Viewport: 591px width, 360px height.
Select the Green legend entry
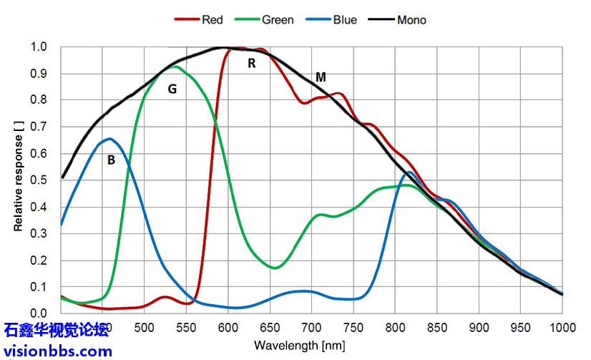(x=269, y=19)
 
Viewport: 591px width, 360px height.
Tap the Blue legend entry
(x=336, y=19)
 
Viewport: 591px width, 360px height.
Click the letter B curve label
(x=111, y=160)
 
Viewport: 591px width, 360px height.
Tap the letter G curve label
(x=172, y=89)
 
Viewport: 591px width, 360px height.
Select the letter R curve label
(x=252, y=63)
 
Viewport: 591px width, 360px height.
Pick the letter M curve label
(x=321, y=77)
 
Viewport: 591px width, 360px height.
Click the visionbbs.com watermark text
(x=58, y=351)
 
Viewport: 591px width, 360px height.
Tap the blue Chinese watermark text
(x=57, y=331)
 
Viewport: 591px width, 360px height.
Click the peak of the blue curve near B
(x=109, y=138)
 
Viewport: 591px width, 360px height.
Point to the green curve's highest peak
(x=175, y=67)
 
